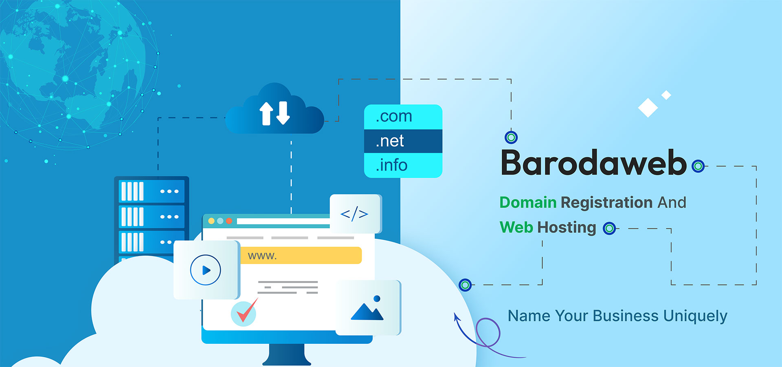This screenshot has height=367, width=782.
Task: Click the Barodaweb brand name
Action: tap(594, 163)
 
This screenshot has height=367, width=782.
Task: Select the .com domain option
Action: tap(394, 117)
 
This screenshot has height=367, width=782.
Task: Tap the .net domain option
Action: tap(390, 141)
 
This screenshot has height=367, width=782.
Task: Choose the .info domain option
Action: tap(391, 166)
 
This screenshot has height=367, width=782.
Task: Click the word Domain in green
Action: tap(528, 202)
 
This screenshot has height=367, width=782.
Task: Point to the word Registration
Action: tap(606, 203)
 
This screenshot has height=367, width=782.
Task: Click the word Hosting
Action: tap(567, 228)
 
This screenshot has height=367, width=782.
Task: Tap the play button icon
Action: tap(206, 270)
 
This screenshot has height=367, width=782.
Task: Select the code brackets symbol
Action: tap(354, 214)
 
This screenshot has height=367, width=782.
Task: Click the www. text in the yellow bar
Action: tap(262, 256)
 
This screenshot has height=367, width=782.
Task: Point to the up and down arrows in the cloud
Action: tap(275, 113)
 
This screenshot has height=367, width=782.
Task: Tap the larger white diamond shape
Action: tap(648, 108)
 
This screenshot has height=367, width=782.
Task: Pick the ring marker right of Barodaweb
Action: tap(698, 166)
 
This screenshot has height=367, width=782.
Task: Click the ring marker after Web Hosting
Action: tap(609, 228)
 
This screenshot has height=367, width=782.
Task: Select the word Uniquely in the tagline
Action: tap(695, 316)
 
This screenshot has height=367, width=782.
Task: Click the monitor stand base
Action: tap(287, 361)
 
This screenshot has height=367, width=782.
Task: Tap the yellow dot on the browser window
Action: tap(211, 221)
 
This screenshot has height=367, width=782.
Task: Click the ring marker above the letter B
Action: tap(511, 137)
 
